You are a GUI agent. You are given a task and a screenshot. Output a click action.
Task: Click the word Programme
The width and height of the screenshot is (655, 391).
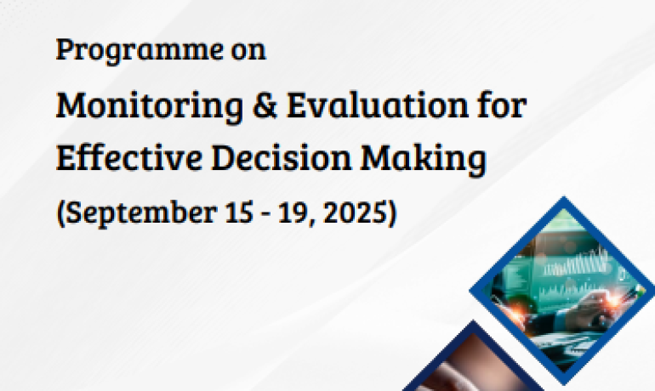(140, 51)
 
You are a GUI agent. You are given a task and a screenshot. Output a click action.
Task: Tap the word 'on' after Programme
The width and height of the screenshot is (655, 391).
(248, 51)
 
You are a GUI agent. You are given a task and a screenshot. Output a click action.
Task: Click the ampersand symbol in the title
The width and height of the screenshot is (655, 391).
(265, 105)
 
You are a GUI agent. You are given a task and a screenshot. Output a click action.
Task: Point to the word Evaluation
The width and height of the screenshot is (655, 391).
(378, 105)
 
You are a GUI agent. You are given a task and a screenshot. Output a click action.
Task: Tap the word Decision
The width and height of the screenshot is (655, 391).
(281, 157)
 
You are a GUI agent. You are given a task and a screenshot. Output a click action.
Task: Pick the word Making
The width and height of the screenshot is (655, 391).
(423, 160)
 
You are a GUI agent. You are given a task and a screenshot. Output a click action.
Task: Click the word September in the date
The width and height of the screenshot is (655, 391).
(141, 213)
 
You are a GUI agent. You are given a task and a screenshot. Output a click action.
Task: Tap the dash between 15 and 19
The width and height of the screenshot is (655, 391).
(265, 215)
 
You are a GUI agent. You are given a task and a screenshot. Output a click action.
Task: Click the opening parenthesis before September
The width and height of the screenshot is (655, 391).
(60, 213)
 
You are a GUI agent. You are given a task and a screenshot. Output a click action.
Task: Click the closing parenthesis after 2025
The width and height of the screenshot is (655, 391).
(391, 213)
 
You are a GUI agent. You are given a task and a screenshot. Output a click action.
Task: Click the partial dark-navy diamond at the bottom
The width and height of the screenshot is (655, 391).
(474, 362)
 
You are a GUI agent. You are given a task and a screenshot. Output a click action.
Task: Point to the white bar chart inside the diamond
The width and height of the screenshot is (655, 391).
(575, 263)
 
